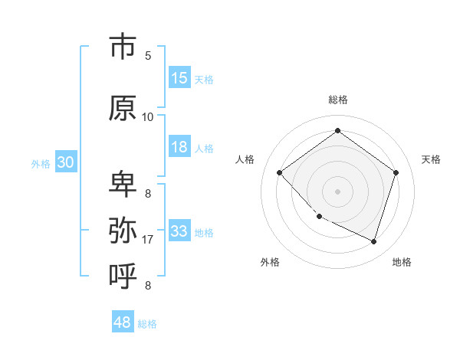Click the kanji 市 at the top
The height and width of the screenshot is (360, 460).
pyautogui.click(x=123, y=47)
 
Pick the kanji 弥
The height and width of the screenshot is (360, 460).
pyautogui.click(x=123, y=229)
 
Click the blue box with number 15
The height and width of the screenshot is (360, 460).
pyautogui.click(x=179, y=78)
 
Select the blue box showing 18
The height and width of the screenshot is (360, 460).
pyautogui.click(x=179, y=147)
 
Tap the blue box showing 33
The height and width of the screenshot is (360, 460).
pyautogui.click(x=179, y=231)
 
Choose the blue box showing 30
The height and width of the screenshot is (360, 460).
pyautogui.click(x=65, y=162)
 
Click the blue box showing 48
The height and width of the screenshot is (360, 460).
pyautogui.click(x=123, y=322)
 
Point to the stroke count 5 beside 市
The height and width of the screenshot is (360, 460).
pyautogui.click(x=148, y=56)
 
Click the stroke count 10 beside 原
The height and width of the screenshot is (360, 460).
pyautogui.click(x=148, y=116)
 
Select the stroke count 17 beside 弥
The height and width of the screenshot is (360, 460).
pyautogui.click(x=148, y=240)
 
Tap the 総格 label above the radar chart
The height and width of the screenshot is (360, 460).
pyautogui.click(x=337, y=100)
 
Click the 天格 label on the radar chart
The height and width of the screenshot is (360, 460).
pyautogui.click(x=431, y=159)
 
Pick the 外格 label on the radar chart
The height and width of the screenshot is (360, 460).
pyautogui.click(x=270, y=262)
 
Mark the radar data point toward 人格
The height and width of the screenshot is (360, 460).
pyautogui.click(x=280, y=172)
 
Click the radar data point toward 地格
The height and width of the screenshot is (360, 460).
pyautogui.click(x=373, y=241)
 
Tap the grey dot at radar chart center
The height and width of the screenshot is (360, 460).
pyautogui.click(x=337, y=191)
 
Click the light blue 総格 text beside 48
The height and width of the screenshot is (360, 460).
pyautogui.click(x=147, y=324)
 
